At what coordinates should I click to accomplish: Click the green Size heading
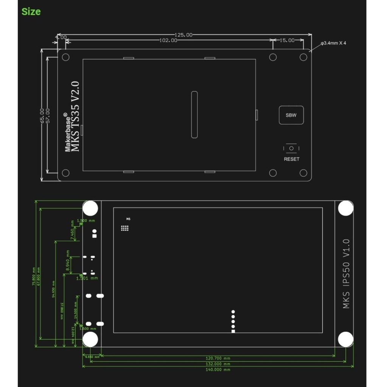(x=31, y=12)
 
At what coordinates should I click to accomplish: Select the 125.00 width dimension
(x=183, y=35)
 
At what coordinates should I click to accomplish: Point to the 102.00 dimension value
(x=168, y=40)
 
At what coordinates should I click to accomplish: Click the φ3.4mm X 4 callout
(x=333, y=43)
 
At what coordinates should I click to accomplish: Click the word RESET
(x=291, y=159)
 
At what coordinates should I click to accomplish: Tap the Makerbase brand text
(x=67, y=132)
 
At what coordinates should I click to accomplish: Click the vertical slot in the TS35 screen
(x=194, y=115)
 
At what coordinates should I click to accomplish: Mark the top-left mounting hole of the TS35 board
(x=65, y=57)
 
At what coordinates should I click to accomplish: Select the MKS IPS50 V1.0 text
(x=346, y=274)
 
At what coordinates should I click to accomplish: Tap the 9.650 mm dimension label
(x=92, y=357)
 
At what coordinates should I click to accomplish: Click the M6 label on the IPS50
(x=128, y=219)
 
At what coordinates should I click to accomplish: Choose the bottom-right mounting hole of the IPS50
(x=345, y=339)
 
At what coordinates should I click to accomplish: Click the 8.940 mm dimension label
(x=68, y=260)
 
